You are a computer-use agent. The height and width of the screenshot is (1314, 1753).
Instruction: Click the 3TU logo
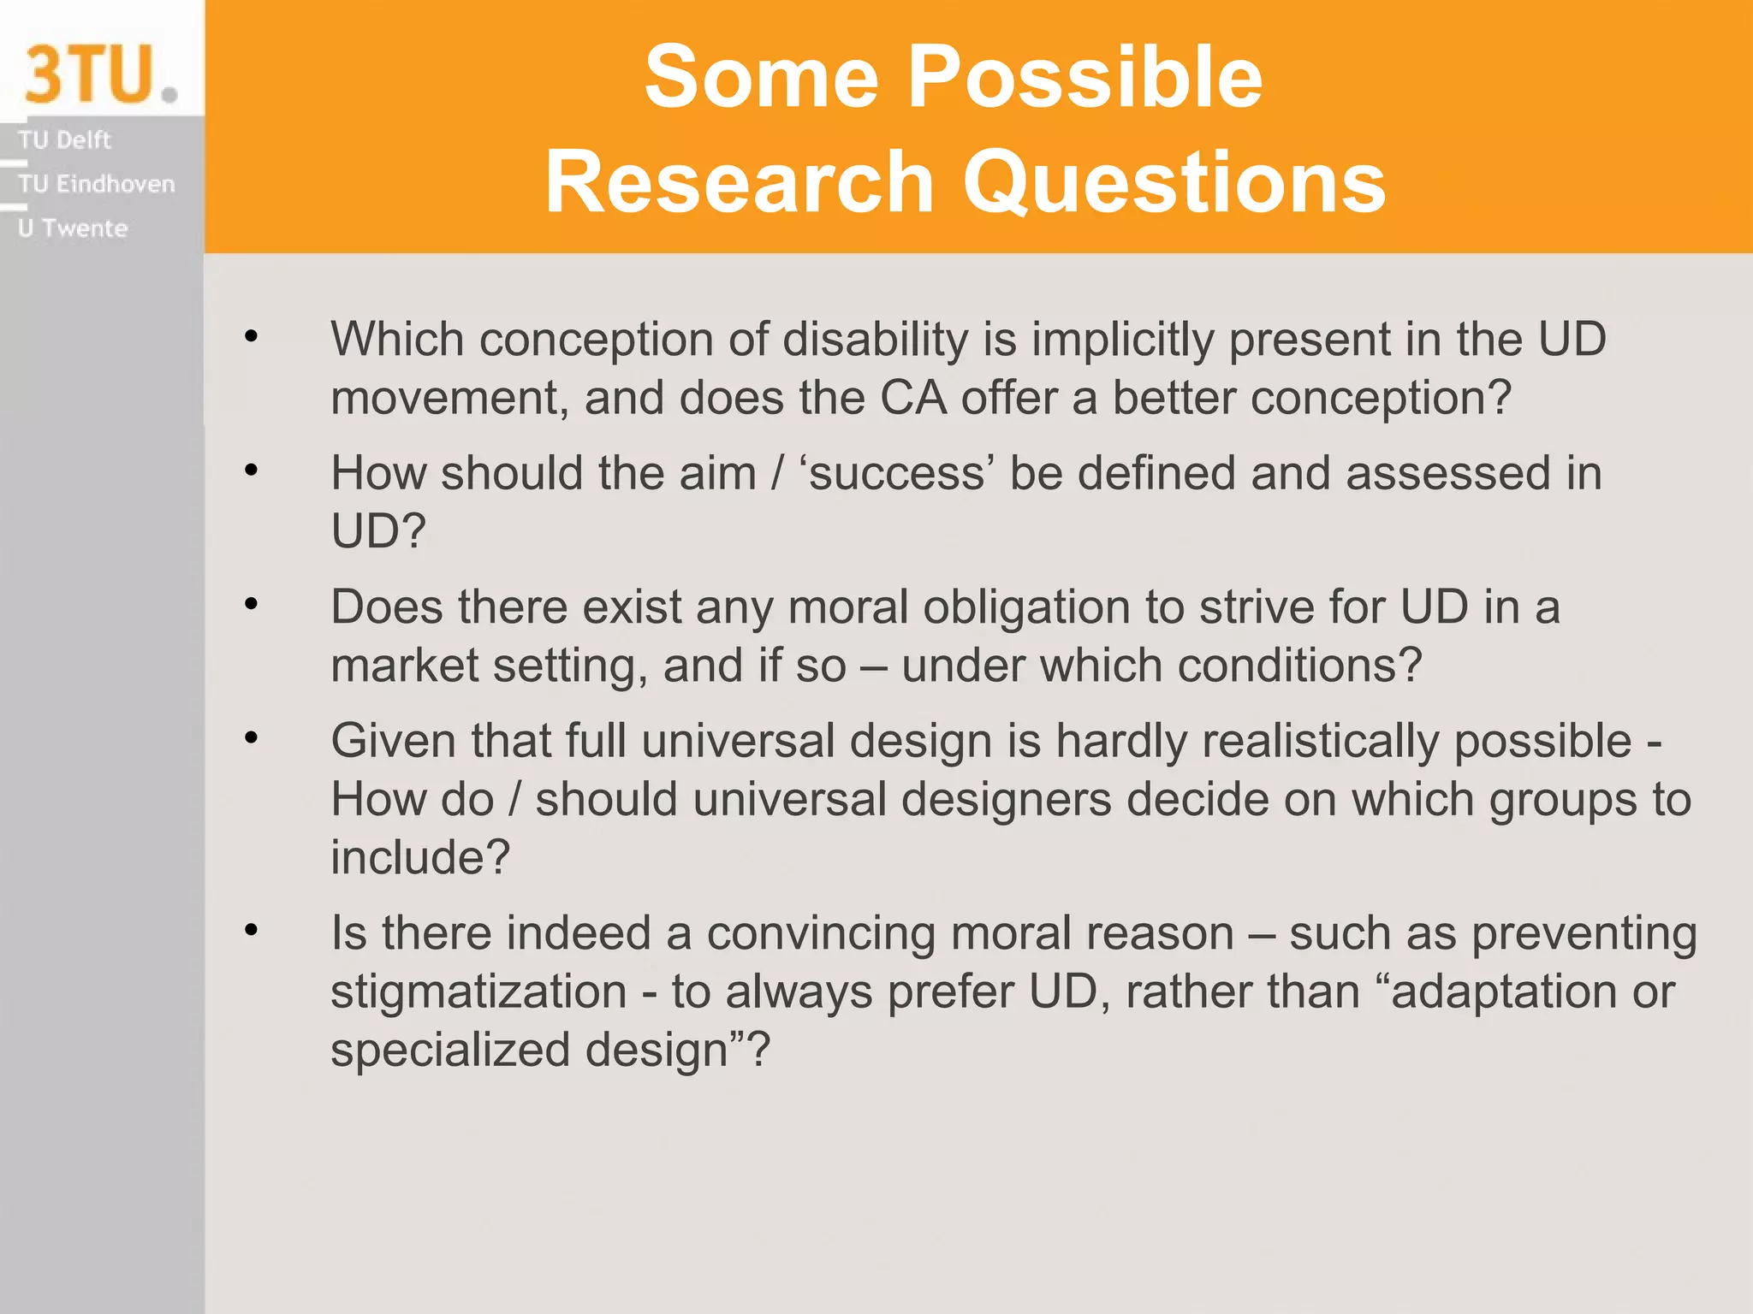pyautogui.click(x=100, y=74)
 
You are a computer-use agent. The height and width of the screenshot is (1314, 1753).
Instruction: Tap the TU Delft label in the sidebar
pyautogui.click(x=64, y=139)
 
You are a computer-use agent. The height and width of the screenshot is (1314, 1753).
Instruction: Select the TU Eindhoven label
pyautogui.click(x=96, y=184)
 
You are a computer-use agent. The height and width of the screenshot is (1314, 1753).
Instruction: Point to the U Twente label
pyautogui.click(x=73, y=228)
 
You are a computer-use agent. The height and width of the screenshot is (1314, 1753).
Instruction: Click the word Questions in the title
pyautogui.click(x=1174, y=182)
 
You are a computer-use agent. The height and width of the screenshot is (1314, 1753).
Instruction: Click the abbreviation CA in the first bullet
pyautogui.click(x=912, y=399)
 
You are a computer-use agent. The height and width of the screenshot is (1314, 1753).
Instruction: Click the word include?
pyautogui.click(x=420, y=858)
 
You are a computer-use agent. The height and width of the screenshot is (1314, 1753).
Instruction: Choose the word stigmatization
pyautogui.click(x=478, y=992)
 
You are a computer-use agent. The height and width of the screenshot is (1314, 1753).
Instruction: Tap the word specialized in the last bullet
pyautogui.click(x=450, y=1051)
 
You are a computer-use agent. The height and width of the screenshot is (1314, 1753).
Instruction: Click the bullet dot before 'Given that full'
pyautogui.click(x=251, y=737)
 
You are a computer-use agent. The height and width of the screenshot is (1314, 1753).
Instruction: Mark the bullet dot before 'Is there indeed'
pyautogui.click(x=251, y=930)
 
